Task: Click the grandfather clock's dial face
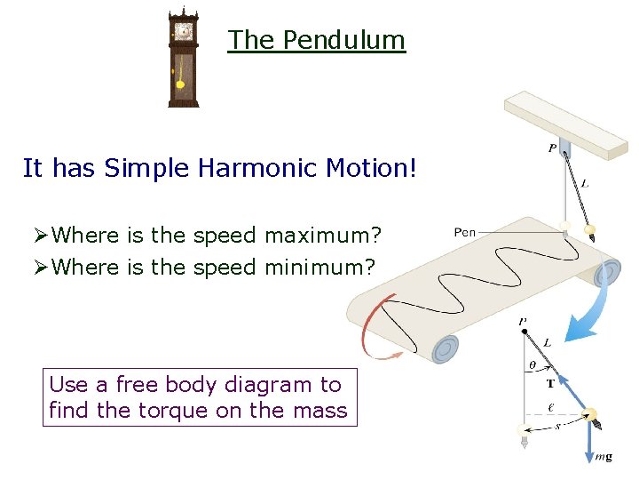[184, 31]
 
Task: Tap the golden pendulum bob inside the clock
[181, 84]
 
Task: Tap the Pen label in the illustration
[465, 232]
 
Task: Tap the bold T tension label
[550, 383]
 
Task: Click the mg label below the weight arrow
[603, 457]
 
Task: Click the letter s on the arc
[556, 428]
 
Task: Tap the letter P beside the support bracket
[552, 148]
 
